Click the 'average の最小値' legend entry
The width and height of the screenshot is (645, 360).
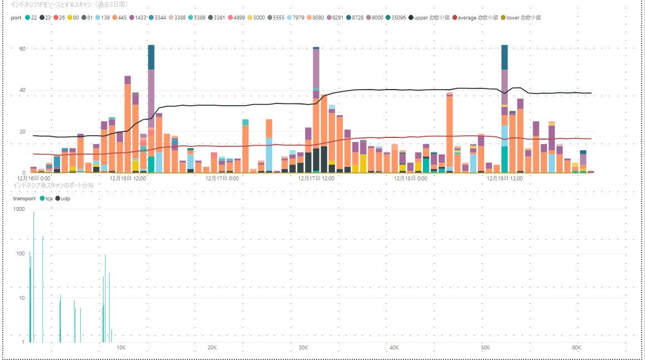pos(477,17)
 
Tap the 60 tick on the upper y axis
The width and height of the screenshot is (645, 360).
pos(22,49)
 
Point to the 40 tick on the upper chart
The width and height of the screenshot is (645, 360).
pos(22,90)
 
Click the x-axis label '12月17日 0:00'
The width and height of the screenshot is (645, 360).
pos(223,179)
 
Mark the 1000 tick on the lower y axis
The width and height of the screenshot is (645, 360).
pos(19,209)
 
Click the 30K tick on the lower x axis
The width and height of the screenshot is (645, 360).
pos(303,347)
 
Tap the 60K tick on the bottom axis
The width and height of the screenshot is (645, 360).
pos(577,347)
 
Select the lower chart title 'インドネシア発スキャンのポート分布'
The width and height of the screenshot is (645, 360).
pos(49,184)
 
